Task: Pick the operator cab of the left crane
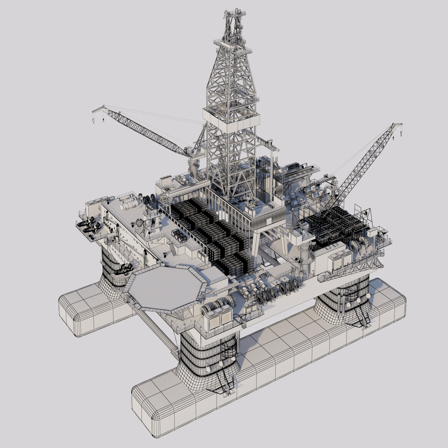(x=188, y=151)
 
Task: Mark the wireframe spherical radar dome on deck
(x=139, y=223)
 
